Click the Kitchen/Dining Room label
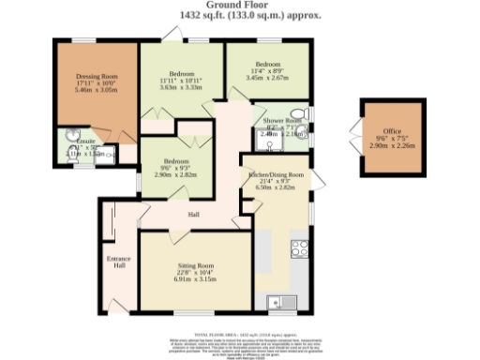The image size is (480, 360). point(276,174)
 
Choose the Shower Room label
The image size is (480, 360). point(281,122)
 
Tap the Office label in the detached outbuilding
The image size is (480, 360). point(391,131)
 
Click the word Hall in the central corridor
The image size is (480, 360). point(194,216)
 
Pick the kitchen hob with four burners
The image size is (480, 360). point(300,248)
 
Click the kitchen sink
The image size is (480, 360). point(276,302)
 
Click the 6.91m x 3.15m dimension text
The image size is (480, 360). point(195,279)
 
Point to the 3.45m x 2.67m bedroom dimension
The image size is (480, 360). point(268,79)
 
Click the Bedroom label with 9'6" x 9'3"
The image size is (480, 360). point(176,160)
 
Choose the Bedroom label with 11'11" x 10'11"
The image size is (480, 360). point(182,73)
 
